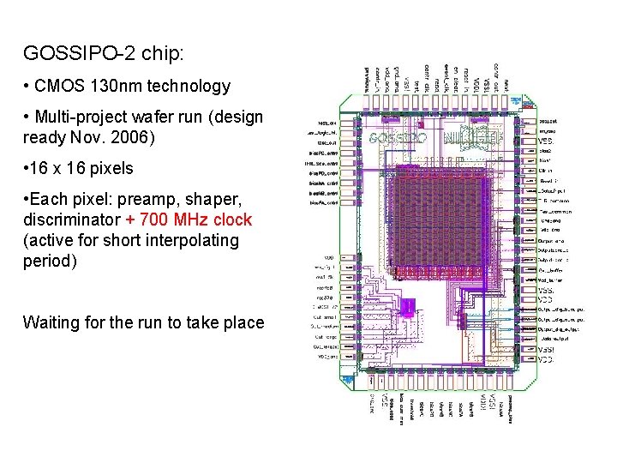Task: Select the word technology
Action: point(191,86)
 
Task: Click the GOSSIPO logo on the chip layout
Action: point(398,137)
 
